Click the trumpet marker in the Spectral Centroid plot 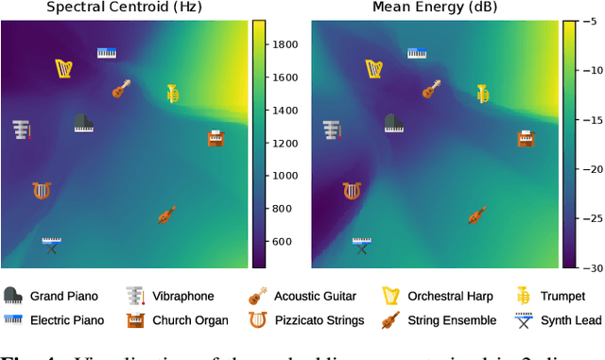click(174, 93)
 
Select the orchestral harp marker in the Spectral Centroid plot click(64, 68)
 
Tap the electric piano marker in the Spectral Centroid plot click(107, 53)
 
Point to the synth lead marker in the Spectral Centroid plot click(52, 245)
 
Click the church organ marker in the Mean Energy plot click(526, 139)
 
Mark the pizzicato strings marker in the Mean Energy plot click(352, 191)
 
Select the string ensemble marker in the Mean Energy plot click(476, 215)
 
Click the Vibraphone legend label click(183, 296)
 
